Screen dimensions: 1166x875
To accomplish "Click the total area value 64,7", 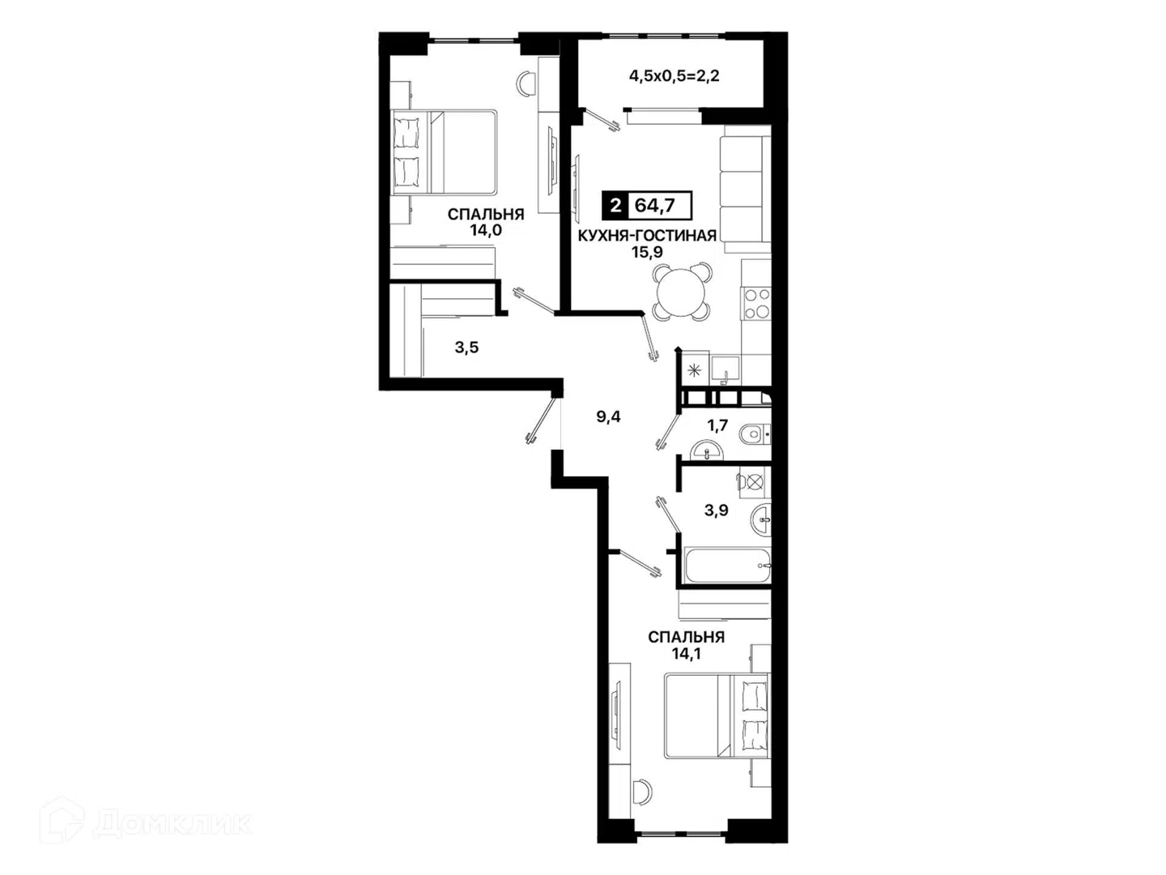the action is pyautogui.click(x=654, y=205).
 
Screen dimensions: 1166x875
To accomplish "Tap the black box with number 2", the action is pyautogui.click(x=615, y=205).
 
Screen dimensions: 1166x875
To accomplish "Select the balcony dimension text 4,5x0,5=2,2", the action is pyautogui.click(x=674, y=76).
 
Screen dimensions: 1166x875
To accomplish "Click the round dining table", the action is pyautogui.click(x=682, y=292).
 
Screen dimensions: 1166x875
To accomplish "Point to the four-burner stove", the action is pyautogui.click(x=756, y=303).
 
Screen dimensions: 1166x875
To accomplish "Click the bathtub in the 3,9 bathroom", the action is pyautogui.click(x=727, y=566).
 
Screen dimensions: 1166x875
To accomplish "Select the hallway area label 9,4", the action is pyautogui.click(x=608, y=417).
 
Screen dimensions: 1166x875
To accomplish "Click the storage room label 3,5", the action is pyautogui.click(x=466, y=348).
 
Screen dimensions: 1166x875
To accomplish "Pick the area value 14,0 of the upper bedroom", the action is pyautogui.click(x=486, y=231).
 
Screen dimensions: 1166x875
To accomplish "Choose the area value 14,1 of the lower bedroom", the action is pyautogui.click(x=687, y=654).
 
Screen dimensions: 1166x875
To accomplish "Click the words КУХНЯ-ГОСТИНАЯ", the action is pyautogui.click(x=647, y=235).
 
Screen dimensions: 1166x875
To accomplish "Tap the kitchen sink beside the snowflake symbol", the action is pyautogui.click(x=725, y=370).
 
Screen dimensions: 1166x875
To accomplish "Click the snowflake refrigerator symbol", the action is pyautogui.click(x=694, y=371).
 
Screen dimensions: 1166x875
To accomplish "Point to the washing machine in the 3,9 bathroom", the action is pyautogui.click(x=754, y=482).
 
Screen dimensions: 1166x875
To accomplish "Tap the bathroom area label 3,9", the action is pyautogui.click(x=716, y=510).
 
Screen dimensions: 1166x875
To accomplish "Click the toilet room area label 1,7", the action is pyautogui.click(x=717, y=425).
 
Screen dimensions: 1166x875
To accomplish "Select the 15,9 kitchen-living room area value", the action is pyautogui.click(x=647, y=252).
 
